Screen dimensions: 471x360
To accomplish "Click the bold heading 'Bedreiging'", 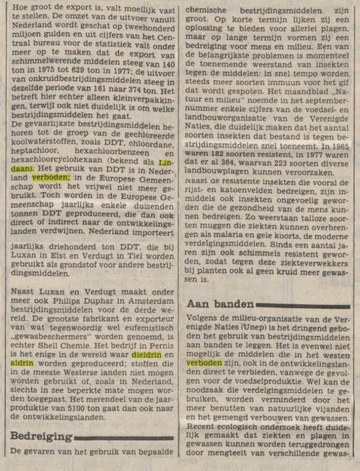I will click(x=41, y=437).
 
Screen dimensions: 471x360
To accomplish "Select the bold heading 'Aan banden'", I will click(x=220, y=304).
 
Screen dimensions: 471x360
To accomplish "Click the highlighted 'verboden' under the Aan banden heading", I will click(x=204, y=362).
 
